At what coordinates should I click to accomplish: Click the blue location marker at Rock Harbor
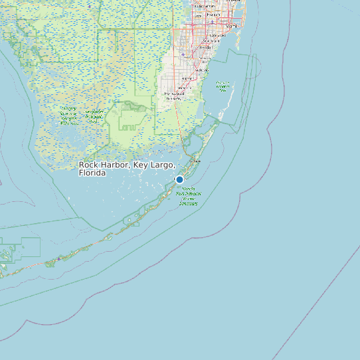pos(179,179)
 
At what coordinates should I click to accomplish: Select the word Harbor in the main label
pos(114,165)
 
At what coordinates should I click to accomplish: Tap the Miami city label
pos(232,26)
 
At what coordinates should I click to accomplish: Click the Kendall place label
pos(205,48)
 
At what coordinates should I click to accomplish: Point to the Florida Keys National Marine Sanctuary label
pos(189,196)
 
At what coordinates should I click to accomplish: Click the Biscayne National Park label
pos(223,86)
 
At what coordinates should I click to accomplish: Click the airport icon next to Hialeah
pos(212,21)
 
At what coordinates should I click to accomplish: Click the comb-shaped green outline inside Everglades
pos(128,124)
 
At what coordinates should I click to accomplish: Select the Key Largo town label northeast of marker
pos(195,161)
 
